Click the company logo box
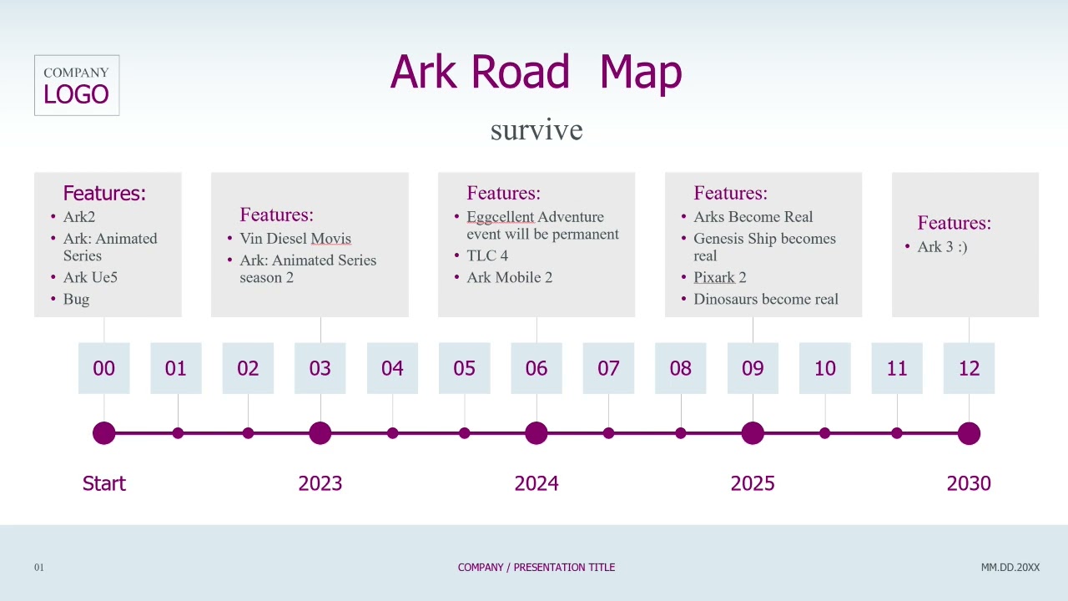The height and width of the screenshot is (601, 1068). pos(77,85)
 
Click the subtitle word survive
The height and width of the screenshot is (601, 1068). pos(537,129)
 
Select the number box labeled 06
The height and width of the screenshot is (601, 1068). pos(537,368)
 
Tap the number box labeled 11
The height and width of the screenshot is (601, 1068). pos(897,368)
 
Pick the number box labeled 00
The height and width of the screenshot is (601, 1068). pos(104,368)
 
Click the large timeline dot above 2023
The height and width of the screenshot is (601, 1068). pos(320,433)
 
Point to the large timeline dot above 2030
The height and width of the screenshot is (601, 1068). pos(969,433)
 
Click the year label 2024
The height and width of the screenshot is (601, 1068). pos(537,483)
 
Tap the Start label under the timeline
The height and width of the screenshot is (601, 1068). pos(104,483)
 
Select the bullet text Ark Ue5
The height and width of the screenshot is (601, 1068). pos(90,277)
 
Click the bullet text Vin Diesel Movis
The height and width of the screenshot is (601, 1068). pos(295,238)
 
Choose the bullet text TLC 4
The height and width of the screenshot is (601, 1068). pos(487,255)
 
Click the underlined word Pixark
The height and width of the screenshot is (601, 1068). pos(713,277)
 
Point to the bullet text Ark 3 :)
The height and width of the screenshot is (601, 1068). pos(942,246)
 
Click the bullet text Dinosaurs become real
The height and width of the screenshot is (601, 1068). pos(766,299)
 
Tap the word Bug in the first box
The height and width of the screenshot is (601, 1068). pos(76,300)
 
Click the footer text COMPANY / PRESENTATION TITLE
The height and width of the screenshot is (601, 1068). pos(537,567)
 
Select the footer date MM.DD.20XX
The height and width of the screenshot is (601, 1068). pos(1010,567)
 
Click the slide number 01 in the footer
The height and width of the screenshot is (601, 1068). pos(39,567)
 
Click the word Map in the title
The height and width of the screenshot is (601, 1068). pos(640,72)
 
